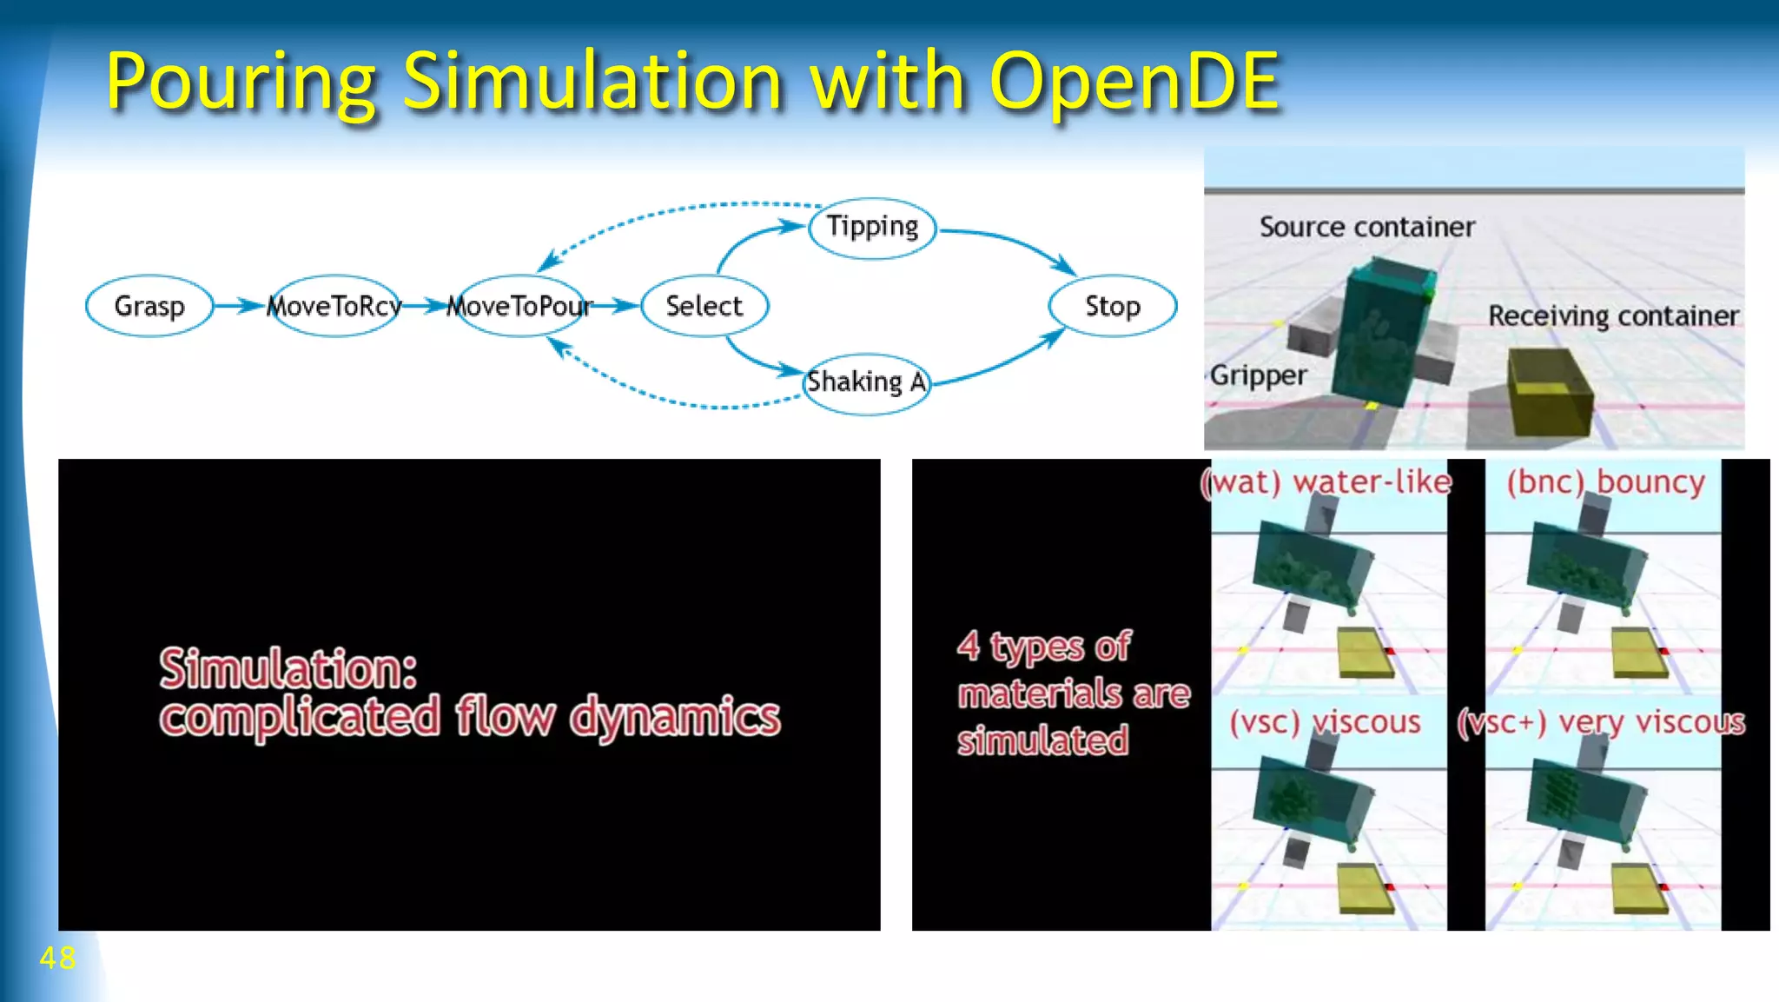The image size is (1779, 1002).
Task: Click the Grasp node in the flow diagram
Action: pyautogui.click(x=149, y=306)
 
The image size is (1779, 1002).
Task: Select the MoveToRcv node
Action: pyautogui.click(x=334, y=306)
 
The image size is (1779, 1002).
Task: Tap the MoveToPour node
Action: pyautogui.click(x=519, y=306)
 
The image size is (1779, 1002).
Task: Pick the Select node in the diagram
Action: pyautogui.click(x=704, y=306)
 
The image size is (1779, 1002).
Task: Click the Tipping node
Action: pyautogui.click(x=872, y=228)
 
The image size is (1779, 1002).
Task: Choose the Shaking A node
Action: pyautogui.click(x=866, y=382)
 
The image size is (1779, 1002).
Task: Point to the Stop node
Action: pyautogui.click(x=1113, y=306)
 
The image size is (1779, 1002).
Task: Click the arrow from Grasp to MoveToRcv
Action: pyautogui.click(x=238, y=306)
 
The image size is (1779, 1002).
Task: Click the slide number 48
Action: pyautogui.click(x=57, y=958)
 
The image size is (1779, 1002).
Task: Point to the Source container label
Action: pyautogui.click(x=1367, y=228)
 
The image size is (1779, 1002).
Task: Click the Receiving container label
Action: pyautogui.click(x=1613, y=315)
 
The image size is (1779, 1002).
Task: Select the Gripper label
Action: pyautogui.click(x=1258, y=375)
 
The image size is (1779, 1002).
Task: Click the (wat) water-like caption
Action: pyautogui.click(x=1326, y=482)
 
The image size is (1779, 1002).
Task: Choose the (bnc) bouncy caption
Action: pyautogui.click(x=1605, y=482)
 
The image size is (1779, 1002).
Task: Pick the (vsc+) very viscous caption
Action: pyautogui.click(x=1601, y=723)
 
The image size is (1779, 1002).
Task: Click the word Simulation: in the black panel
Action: pyautogui.click(x=288, y=669)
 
